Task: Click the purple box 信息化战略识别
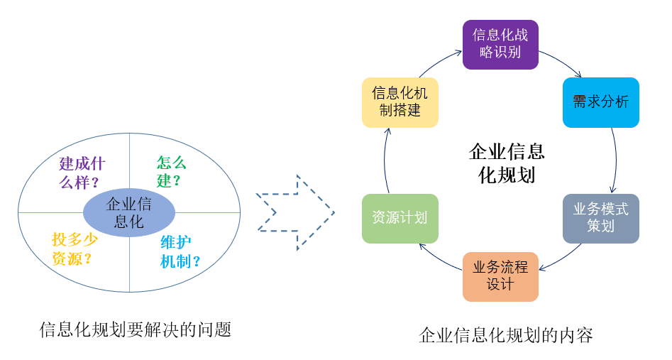tap(500, 45)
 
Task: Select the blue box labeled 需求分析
tap(600, 102)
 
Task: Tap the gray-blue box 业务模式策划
tap(600, 219)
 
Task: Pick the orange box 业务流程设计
tap(500, 277)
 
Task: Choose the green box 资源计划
tap(400, 219)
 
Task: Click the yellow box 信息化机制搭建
tap(400, 102)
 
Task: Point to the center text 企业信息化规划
tap(507, 163)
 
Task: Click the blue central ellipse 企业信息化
tap(129, 212)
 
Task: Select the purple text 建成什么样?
tap(82, 173)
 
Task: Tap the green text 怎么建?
tap(171, 171)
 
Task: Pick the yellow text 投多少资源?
tap(75, 249)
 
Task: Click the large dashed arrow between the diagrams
tap(295, 212)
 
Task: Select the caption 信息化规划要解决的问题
tap(136, 329)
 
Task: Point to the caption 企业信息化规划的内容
tap(506, 335)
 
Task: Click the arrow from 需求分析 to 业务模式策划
tap(616, 160)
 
